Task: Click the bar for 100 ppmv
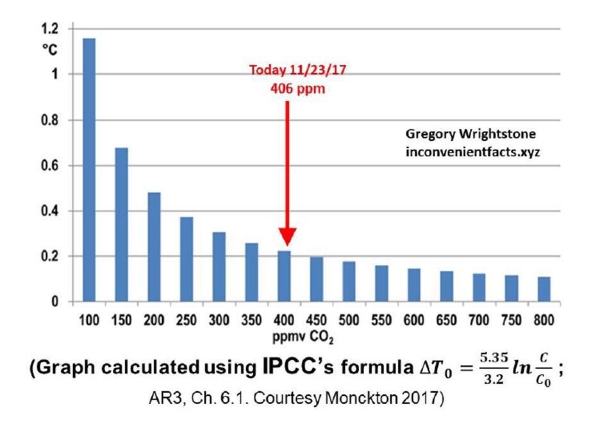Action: click(88, 170)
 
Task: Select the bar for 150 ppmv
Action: click(121, 225)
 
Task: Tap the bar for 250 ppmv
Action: click(187, 259)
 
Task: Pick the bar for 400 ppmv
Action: click(284, 276)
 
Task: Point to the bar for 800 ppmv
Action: click(544, 289)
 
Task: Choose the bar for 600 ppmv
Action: click(414, 285)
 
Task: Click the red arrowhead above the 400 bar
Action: click(287, 238)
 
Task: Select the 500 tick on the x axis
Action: click(349, 319)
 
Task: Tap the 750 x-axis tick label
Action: click(512, 319)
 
